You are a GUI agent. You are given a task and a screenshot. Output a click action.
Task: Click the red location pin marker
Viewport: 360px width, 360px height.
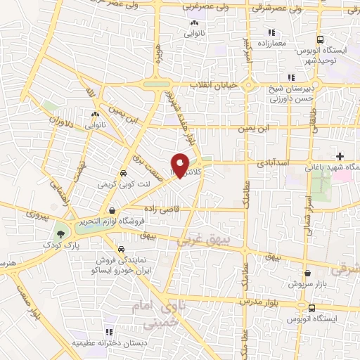point(181,164)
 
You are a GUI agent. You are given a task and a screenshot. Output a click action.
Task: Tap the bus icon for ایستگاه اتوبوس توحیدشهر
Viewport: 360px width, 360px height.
point(321,40)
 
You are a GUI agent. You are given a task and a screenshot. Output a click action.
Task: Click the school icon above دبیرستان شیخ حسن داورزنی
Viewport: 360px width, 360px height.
point(291,78)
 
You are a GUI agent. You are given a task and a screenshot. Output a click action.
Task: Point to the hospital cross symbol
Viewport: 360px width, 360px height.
point(341,156)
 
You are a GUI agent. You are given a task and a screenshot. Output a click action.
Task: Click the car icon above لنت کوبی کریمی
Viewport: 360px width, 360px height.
point(124,173)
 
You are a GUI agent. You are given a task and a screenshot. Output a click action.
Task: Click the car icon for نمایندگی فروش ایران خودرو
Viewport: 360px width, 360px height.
point(121,250)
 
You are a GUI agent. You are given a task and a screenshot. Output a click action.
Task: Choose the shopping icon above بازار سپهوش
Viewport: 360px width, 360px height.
point(307,274)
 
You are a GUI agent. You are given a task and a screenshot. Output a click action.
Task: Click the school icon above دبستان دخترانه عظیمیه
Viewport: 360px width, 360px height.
point(108,332)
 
